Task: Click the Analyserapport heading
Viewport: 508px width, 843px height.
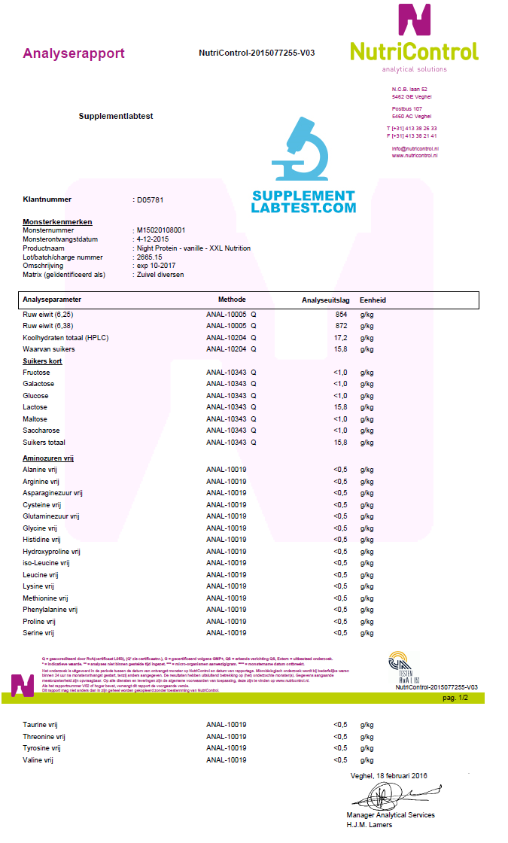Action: pos(74,53)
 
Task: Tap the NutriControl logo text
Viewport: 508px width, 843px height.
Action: pos(414,51)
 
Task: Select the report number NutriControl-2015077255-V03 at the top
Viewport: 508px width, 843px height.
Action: pos(257,53)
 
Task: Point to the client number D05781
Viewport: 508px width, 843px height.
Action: pos(150,200)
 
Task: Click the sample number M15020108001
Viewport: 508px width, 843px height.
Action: pos(160,230)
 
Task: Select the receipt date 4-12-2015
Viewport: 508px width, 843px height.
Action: pos(153,239)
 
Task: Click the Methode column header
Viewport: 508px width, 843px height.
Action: pos(232,300)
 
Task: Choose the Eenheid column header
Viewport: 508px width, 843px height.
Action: pos(373,300)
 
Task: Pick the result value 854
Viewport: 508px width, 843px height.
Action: pos(341,314)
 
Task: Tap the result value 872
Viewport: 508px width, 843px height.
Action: pos(341,326)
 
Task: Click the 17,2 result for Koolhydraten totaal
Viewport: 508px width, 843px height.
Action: pos(340,337)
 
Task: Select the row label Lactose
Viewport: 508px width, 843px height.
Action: pos(35,407)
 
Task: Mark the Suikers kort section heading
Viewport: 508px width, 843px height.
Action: pos(42,361)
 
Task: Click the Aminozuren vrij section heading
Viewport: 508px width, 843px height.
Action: pos(48,458)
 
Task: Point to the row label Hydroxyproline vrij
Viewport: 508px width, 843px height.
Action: pos(52,552)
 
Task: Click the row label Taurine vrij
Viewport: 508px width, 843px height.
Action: pos(41,725)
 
